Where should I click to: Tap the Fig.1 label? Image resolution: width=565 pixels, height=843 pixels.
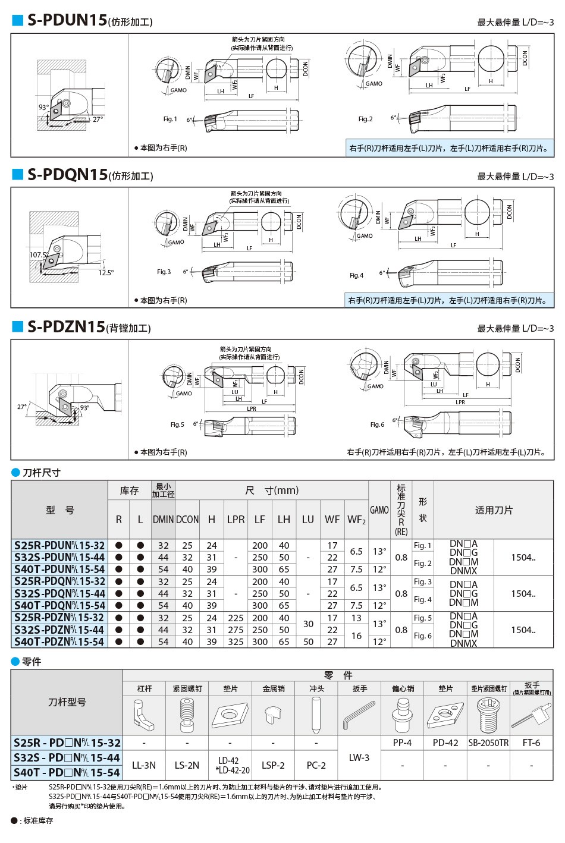(170, 119)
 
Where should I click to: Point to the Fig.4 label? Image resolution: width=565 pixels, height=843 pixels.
(356, 275)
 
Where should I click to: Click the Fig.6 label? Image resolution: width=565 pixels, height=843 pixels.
(377, 424)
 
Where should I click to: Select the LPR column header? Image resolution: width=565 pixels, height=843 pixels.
(236, 519)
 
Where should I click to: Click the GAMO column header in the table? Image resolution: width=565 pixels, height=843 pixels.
(379, 510)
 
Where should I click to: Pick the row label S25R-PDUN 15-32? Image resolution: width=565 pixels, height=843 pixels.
(59, 545)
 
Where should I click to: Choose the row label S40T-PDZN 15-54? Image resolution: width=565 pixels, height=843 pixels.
(59, 641)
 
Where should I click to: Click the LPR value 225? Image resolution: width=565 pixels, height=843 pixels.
(236, 618)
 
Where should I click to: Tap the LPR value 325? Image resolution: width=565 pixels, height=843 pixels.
(236, 642)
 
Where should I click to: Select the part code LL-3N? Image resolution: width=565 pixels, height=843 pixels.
(144, 765)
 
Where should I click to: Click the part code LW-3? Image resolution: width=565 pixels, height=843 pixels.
(359, 757)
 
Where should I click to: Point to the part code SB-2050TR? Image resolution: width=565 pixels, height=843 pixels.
(488, 743)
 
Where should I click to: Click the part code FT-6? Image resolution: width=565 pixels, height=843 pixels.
(531, 743)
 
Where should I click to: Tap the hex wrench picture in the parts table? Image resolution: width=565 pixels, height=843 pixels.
(359, 715)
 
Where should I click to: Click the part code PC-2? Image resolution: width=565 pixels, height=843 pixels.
(316, 765)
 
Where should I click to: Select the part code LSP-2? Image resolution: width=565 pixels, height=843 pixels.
(273, 765)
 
